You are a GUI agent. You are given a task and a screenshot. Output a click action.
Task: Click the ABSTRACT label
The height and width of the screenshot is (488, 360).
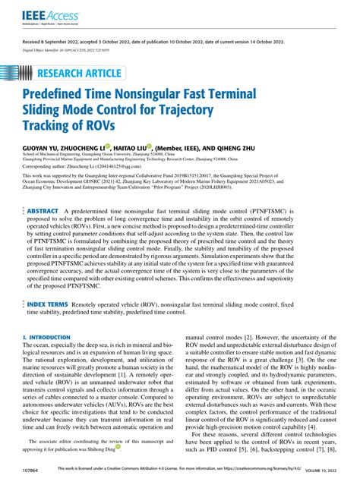[53, 210]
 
